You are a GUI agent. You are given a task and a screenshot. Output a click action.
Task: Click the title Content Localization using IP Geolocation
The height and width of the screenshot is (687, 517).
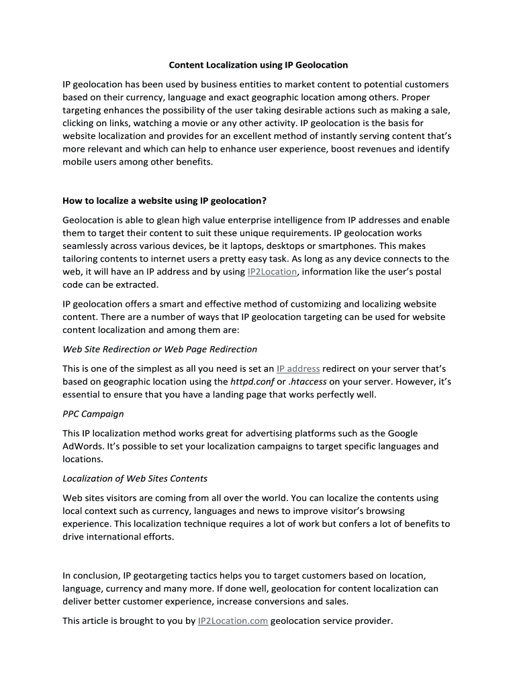pos(258,65)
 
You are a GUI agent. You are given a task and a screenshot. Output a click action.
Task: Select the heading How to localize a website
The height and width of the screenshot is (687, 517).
pos(164,200)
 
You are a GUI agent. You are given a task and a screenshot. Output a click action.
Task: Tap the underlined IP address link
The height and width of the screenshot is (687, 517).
pos(298,368)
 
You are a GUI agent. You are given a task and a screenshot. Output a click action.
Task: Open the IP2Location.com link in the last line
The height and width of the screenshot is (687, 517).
pos(233,621)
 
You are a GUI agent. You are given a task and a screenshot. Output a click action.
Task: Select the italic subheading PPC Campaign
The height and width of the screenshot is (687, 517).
pos(93,414)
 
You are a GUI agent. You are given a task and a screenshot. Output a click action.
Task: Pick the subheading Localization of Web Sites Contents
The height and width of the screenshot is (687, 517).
pos(134,478)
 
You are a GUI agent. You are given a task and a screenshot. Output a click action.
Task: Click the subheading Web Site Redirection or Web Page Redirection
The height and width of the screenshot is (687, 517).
pos(160,349)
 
